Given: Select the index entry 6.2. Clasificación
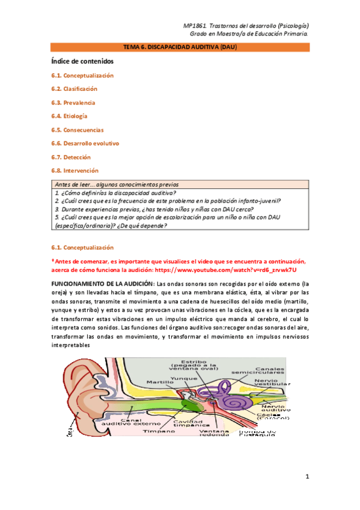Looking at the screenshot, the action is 74,89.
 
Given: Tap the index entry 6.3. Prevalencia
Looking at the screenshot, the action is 73,103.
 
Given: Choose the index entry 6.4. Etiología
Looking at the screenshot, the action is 70,116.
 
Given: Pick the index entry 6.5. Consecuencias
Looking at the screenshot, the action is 78,130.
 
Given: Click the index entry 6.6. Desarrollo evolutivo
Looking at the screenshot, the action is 85,144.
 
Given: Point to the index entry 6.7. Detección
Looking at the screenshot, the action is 71,157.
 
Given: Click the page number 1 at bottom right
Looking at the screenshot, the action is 307,478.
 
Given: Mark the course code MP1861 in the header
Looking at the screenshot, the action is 195,26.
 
